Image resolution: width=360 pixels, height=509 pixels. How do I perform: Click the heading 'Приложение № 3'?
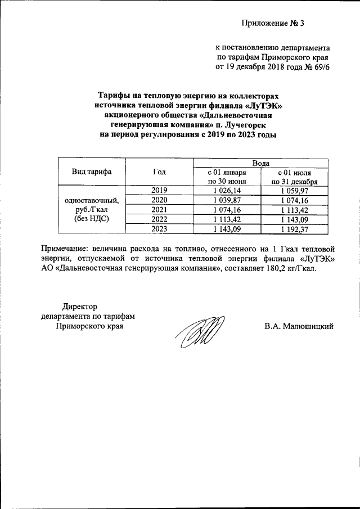click(x=272, y=23)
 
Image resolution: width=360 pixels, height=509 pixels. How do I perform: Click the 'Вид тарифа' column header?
click(x=91, y=172)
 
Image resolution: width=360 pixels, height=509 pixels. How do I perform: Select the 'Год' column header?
click(x=159, y=172)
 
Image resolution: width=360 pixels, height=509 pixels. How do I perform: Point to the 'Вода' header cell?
click(x=260, y=163)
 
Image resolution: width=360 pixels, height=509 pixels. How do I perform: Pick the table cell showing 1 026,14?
click(x=227, y=191)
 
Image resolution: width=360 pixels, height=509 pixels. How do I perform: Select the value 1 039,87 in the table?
click(x=227, y=200)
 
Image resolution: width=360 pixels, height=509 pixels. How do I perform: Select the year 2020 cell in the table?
click(x=159, y=200)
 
